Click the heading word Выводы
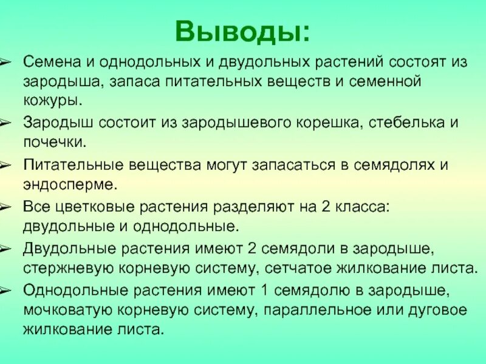click(242, 32)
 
